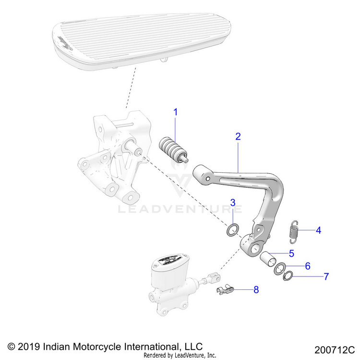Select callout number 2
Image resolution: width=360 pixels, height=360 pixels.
coord(238,136)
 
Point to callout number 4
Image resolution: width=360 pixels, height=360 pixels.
coord(318,230)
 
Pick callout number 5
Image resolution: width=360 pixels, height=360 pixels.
coord(291,253)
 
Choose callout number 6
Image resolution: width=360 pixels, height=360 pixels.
coord(308,265)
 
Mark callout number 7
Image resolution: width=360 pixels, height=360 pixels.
coord(326,276)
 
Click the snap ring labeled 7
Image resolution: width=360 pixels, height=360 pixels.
coord(288,276)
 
